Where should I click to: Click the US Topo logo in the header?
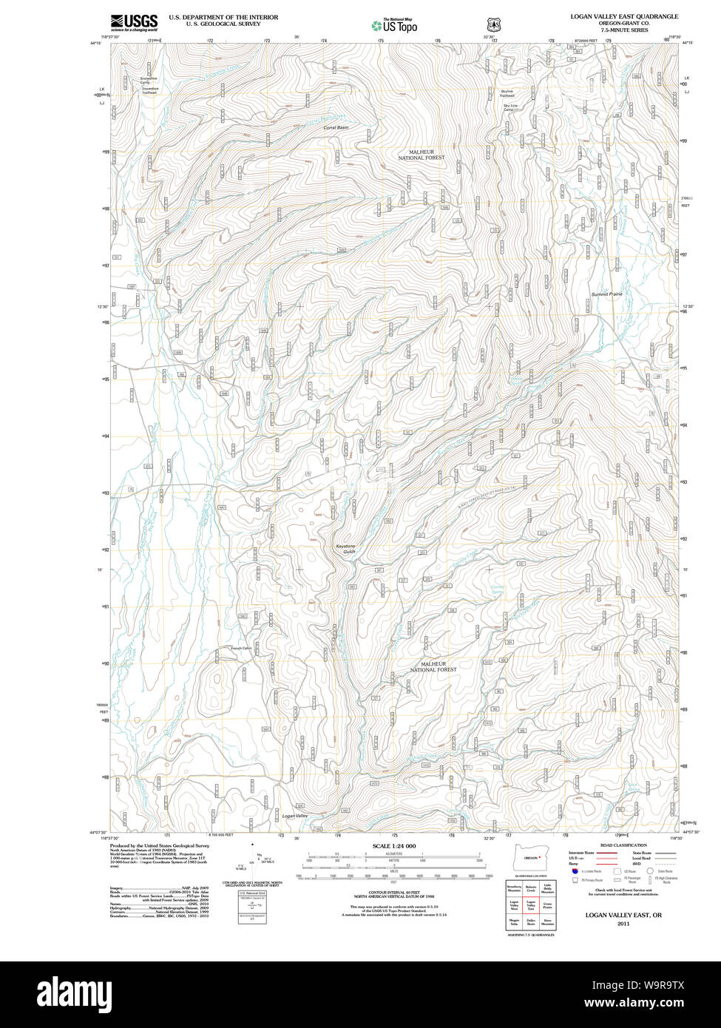395,25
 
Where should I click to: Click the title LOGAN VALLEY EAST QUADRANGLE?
623,16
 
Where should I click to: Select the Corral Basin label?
336,127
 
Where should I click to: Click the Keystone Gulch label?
346,549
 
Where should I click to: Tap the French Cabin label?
241,648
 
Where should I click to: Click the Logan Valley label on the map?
295,816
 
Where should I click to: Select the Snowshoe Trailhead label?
150,90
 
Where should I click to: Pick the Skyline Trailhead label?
507,93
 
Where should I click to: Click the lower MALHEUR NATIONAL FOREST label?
433,666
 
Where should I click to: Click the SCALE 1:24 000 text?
394,846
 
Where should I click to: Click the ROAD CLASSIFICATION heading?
623,845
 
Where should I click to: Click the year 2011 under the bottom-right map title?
623,924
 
